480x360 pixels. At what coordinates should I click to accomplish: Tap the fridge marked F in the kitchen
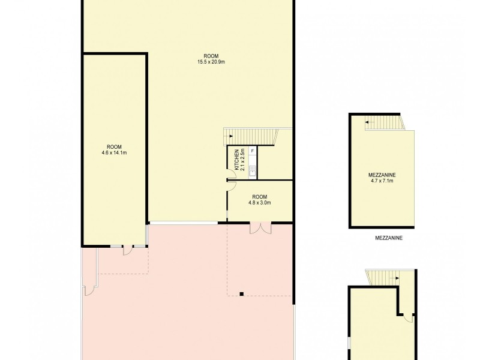(x=253, y=151)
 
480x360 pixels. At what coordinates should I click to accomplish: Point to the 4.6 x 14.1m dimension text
(x=114, y=152)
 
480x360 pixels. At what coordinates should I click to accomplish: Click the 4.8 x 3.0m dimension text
(x=259, y=203)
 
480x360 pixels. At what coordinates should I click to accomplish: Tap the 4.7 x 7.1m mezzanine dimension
(x=382, y=180)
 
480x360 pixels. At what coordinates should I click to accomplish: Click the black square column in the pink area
(x=241, y=294)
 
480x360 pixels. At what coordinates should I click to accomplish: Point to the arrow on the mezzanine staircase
(x=368, y=124)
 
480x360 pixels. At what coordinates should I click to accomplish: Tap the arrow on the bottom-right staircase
(x=395, y=278)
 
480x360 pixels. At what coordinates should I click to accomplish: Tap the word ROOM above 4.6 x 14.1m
(x=114, y=146)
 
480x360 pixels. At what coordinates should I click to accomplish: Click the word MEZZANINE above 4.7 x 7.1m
(x=382, y=175)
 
